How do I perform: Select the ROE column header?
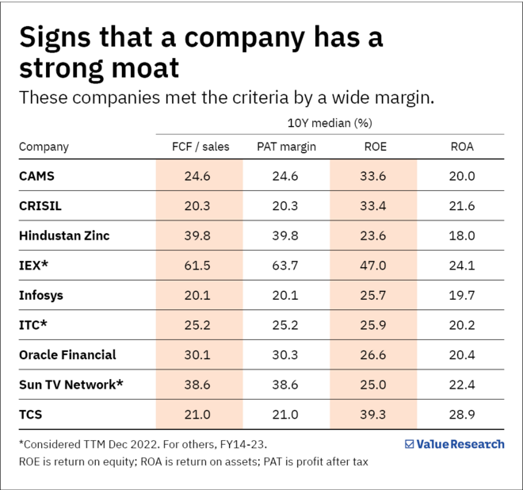(x=373, y=147)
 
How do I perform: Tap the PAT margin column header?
(x=286, y=147)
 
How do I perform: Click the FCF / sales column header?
(x=200, y=147)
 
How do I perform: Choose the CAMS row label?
(x=37, y=176)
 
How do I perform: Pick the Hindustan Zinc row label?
(x=64, y=235)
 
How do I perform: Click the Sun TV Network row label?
(x=71, y=385)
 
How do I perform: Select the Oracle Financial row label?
(x=67, y=354)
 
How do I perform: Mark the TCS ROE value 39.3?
(x=373, y=415)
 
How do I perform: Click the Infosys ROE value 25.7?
(x=373, y=295)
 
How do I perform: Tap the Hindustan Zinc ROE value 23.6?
(x=373, y=235)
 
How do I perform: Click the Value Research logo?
(x=454, y=444)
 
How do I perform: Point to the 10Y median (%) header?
(x=329, y=123)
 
